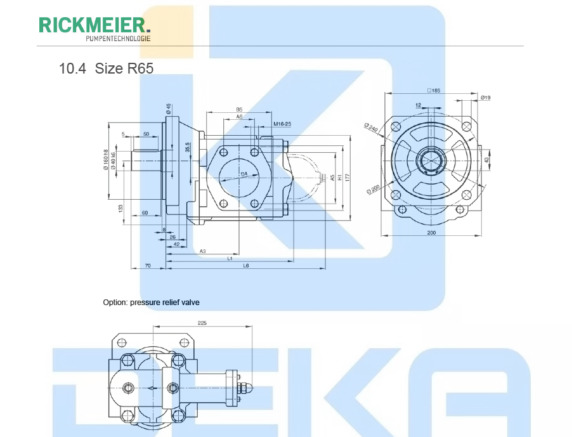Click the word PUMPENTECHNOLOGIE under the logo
click(x=118, y=39)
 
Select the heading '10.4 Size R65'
click(x=106, y=68)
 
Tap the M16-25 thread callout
click(x=282, y=124)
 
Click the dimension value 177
click(x=348, y=177)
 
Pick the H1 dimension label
click(x=340, y=178)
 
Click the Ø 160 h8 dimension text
click(x=106, y=160)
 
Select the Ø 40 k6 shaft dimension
click(x=114, y=162)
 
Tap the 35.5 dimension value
click(x=188, y=148)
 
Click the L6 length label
click(x=245, y=265)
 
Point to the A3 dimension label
click(x=202, y=251)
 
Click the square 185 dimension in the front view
click(x=433, y=91)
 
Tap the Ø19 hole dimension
click(x=486, y=97)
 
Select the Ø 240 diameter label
click(x=371, y=127)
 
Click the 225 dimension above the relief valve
click(x=202, y=323)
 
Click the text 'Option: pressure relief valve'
click(x=151, y=303)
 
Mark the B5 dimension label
click(x=239, y=110)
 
